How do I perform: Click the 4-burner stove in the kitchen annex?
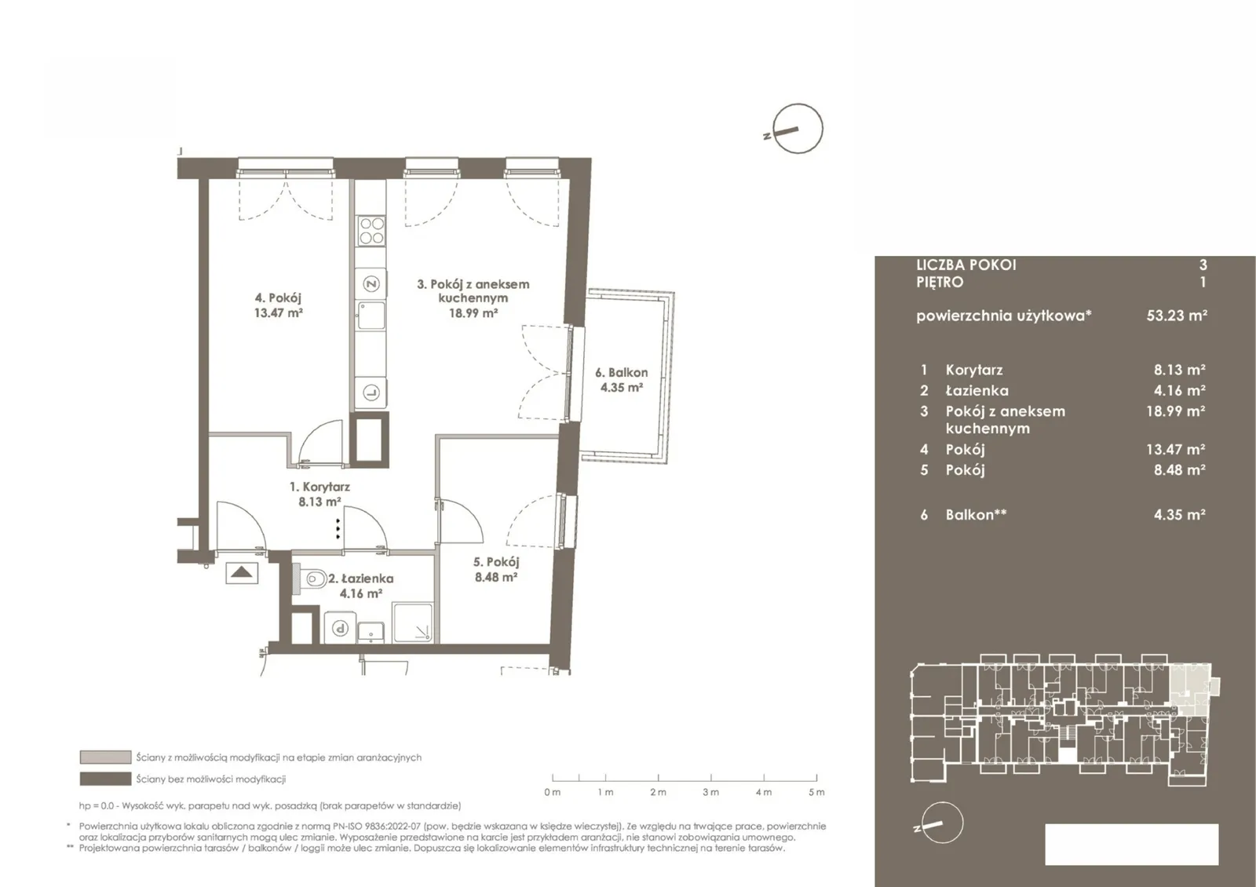coord(371,231)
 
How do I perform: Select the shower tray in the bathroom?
coord(413,622)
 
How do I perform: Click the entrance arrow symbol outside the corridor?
coord(242,573)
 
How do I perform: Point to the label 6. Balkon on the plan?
coord(621,372)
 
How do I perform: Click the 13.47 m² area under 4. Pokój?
coord(279,313)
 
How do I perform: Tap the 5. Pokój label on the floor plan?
coord(496,562)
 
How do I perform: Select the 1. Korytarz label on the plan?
coord(319,487)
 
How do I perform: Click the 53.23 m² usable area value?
coord(1177,315)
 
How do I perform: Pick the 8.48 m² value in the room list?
coord(1179,470)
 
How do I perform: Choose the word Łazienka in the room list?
coord(977,390)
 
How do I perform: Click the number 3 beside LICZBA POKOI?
coord(1202,265)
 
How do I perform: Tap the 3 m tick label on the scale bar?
coord(710,792)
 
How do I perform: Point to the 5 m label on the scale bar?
coord(816,792)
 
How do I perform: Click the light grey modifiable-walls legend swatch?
coord(105,757)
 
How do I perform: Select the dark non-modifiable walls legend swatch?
coord(105,779)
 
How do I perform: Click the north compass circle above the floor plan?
coord(798,129)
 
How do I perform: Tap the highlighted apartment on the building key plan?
coord(1190,690)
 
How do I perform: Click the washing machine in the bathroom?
coord(340,627)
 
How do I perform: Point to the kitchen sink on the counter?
coord(371,316)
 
